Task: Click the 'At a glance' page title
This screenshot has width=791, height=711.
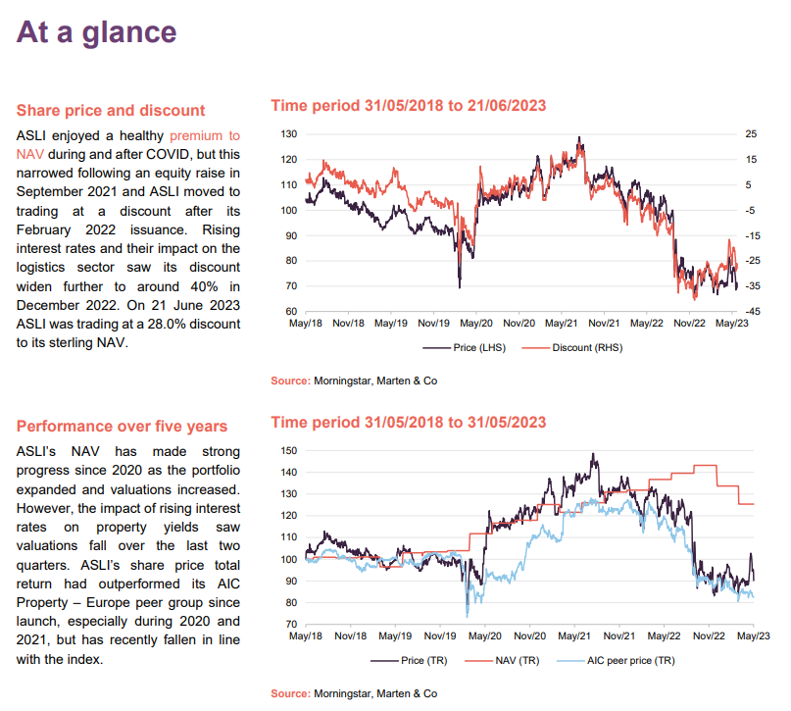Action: [x=96, y=31]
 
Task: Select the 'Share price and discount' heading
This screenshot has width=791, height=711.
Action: [x=111, y=110]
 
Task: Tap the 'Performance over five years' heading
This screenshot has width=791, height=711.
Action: [x=122, y=426]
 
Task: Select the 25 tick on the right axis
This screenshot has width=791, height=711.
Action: [x=752, y=133]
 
